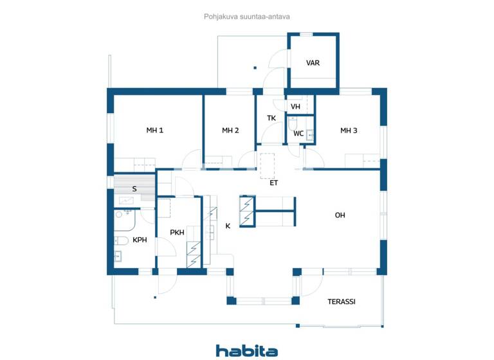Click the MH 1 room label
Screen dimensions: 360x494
coord(154,130)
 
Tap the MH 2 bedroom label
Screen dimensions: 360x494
coord(230,130)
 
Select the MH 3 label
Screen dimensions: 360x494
coord(349,130)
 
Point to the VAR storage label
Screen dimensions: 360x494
coord(313,63)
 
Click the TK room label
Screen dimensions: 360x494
coord(271,118)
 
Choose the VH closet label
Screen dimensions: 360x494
coord(295,107)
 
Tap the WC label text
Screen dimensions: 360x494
coord(298,134)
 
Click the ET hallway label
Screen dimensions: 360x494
coord(273,183)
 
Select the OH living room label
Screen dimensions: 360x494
coord(340,215)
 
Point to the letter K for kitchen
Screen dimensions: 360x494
coord(228,226)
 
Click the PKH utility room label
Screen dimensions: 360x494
coord(178,232)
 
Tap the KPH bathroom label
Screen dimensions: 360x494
coord(140,240)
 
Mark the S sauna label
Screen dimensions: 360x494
coord(134,189)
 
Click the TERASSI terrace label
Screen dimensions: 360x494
coord(342,301)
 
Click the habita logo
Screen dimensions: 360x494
coord(247,350)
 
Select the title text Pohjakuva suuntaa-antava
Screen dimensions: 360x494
coord(247,17)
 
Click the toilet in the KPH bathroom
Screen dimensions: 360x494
coord(121,240)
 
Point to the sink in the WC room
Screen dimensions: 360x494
coord(309,134)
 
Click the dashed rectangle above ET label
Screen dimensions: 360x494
coord(267,163)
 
